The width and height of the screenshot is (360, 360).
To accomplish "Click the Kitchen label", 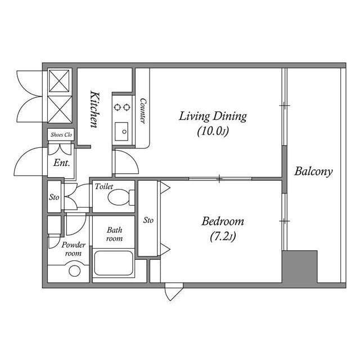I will pyautogui.click(x=96, y=109).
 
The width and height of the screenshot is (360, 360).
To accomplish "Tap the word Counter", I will pyautogui.click(x=143, y=111).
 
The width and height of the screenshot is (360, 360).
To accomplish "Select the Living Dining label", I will pyautogui.click(x=213, y=116).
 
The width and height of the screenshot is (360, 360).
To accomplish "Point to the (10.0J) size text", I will pyautogui.click(x=213, y=132).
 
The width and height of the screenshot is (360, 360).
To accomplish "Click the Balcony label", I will pyautogui.click(x=313, y=172).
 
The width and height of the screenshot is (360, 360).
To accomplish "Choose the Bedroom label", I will pyautogui.click(x=223, y=221).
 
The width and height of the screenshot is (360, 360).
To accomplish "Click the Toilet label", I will pyautogui.click(x=104, y=186).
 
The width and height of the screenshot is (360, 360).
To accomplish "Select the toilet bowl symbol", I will pyautogui.click(x=120, y=197).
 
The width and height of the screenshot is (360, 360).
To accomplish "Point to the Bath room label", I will pyautogui.click(x=115, y=234).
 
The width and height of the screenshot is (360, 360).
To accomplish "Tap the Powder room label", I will pyautogui.click(x=73, y=249).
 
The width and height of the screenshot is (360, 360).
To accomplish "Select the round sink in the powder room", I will pyautogui.click(x=74, y=271).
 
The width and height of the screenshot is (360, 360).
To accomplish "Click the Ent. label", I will pyautogui.click(x=61, y=164).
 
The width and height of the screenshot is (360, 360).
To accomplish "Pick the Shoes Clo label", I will pyautogui.click(x=61, y=135).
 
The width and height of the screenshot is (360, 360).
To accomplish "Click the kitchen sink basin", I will pyautogui.click(x=121, y=132).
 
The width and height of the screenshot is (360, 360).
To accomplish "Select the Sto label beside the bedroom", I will pyautogui.click(x=148, y=220).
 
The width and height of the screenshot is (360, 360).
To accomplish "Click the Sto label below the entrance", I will pyautogui.click(x=54, y=197).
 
